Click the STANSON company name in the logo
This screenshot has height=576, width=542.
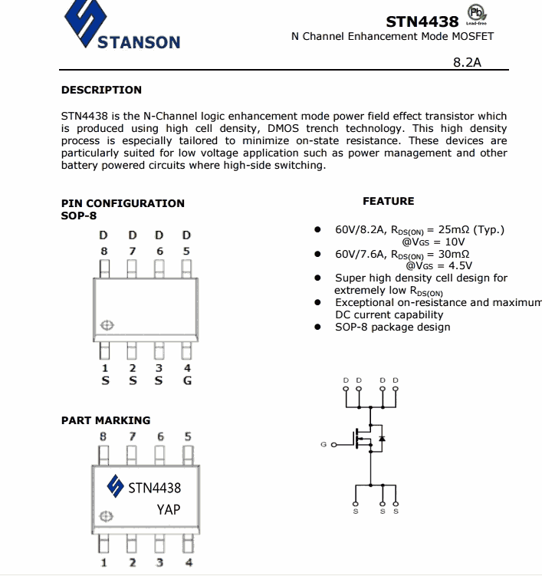(139, 41)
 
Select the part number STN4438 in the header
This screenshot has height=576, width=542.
(422, 21)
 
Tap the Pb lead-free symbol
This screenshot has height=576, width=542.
(476, 15)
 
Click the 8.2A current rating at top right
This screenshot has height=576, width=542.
(467, 62)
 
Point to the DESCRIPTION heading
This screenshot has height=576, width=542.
(101, 90)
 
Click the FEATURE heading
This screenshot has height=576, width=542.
(388, 201)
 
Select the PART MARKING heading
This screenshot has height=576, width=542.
(106, 420)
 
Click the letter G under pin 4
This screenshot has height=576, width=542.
(187, 380)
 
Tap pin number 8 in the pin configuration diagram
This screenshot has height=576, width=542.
(103, 251)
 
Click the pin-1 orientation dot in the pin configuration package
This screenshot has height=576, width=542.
(107, 325)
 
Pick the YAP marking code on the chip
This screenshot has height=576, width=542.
(169, 509)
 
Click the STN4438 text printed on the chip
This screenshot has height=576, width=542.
(154, 487)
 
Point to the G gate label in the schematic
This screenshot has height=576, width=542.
(324, 444)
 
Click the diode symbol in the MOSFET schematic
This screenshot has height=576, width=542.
(382, 439)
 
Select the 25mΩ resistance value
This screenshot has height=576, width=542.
(454, 229)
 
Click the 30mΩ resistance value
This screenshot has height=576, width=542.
(454, 254)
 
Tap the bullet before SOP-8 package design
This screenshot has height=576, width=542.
(317, 327)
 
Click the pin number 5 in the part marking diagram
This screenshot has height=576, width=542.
(187, 436)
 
